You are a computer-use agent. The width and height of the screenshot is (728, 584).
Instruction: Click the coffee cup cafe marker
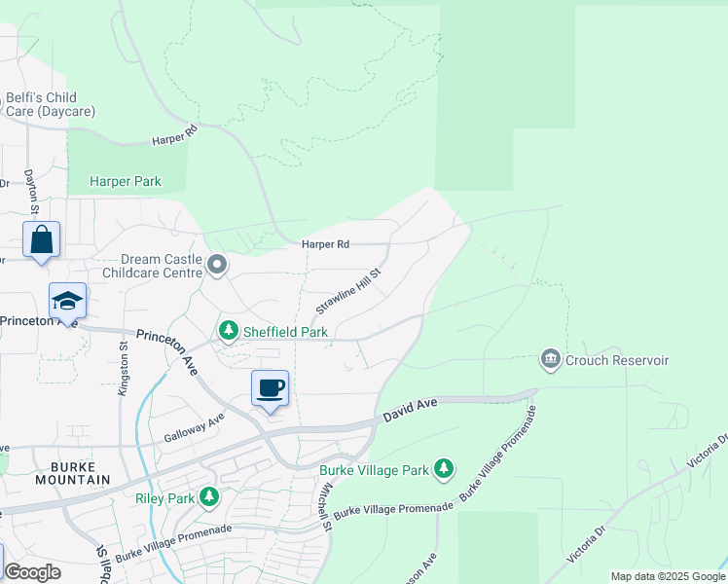click(x=270, y=387)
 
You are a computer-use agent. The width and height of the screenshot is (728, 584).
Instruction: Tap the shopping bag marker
click(x=41, y=239)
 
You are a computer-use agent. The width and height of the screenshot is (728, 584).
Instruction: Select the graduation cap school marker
click(x=67, y=301)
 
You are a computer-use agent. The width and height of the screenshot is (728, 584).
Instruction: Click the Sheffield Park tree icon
click(x=229, y=332)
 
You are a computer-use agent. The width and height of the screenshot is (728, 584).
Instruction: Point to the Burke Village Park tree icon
click(x=444, y=470)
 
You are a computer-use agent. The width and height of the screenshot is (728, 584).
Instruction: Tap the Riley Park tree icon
click(x=208, y=498)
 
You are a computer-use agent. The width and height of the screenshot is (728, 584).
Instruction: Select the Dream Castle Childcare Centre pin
click(x=217, y=264)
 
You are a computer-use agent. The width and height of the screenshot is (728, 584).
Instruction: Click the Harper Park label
click(x=125, y=181)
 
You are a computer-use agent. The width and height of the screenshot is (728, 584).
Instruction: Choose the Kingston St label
click(x=124, y=367)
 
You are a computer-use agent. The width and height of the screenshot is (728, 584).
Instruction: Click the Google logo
click(x=32, y=572)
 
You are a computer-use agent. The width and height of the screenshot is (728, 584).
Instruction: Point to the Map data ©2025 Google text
click(x=668, y=576)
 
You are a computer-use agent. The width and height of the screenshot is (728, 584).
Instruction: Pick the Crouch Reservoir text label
click(x=617, y=361)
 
